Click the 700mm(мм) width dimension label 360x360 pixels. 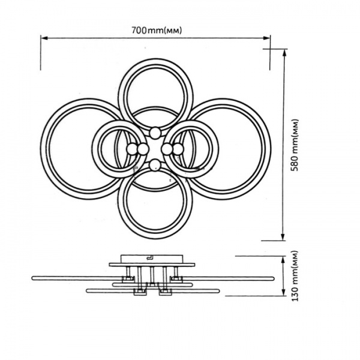(157, 30)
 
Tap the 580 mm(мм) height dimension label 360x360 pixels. (295, 145)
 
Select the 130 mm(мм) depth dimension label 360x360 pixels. (295, 276)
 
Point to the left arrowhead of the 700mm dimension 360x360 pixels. (44, 38)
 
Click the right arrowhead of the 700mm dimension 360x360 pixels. (266, 38)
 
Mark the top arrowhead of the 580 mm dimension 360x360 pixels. (284, 53)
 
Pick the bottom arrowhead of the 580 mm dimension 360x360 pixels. (283, 237)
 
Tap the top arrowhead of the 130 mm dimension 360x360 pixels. (284, 260)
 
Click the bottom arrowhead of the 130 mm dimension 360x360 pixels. (284, 292)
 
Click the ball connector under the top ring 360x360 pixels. (155, 133)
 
